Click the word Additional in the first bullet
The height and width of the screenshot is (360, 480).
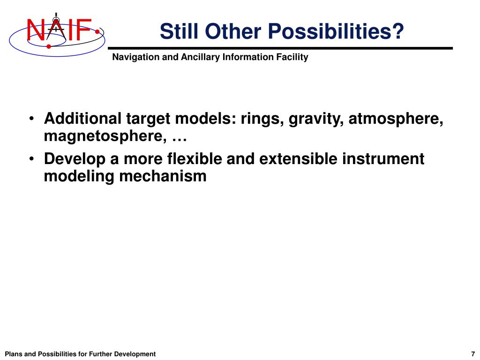click(82, 119)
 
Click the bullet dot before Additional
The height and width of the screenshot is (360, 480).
click(31, 119)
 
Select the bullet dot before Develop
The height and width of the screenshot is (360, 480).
click(31, 158)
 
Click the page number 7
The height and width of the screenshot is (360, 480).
click(473, 354)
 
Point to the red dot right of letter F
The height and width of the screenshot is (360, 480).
click(97, 32)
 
